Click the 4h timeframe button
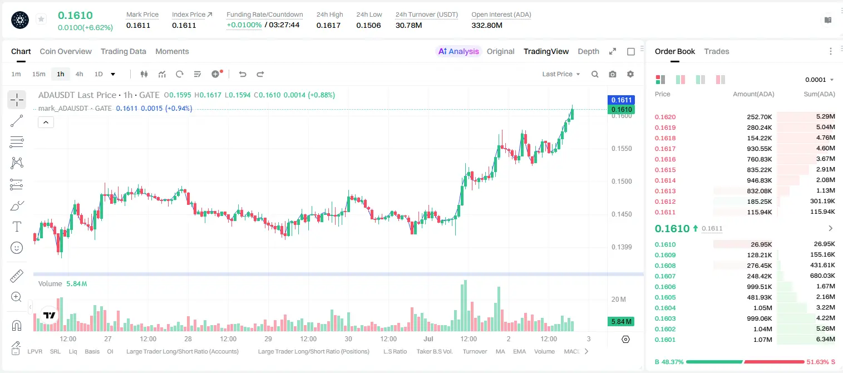pyautogui.click(x=79, y=74)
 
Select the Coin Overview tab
pyautogui.click(x=66, y=51)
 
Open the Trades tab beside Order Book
pyautogui.click(x=717, y=51)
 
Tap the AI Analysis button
pyautogui.click(x=459, y=51)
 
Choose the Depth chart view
pyautogui.click(x=588, y=51)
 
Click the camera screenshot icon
pyautogui.click(x=613, y=74)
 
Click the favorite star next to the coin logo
pyautogui.click(x=41, y=19)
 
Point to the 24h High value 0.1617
pyautogui.click(x=328, y=25)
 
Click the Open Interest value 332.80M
pyautogui.click(x=487, y=25)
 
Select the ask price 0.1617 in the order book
pyautogui.click(x=665, y=149)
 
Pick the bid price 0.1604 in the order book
pyautogui.click(x=665, y=308)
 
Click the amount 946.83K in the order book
pyautogui.click(x=759, y=180)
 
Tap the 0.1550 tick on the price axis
pyautogui.click(x=622, y=149)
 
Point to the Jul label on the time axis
pyautogui.click(x=428, y=338)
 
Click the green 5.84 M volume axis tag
pyautogui.click(x=621, y=321)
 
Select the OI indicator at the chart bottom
pyautogui.click(x=110, y=351)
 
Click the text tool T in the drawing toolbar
pyautogui.click(x=17, y=227)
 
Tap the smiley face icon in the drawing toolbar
pyautogui.click(x=17, y=248)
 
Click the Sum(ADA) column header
pyautogui.click(x=819, y=94)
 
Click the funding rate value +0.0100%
pyautogui.click(x=244, y=25)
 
